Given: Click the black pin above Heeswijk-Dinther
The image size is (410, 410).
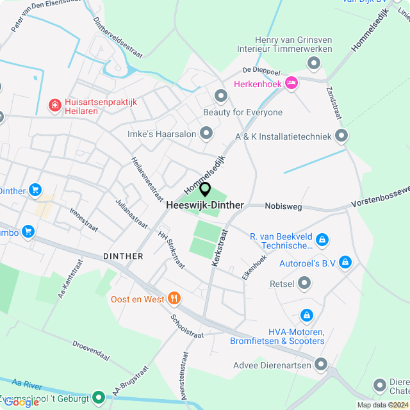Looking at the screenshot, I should (x=205, y=189).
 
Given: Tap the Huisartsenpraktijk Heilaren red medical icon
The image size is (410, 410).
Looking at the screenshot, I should (x=55, y=104).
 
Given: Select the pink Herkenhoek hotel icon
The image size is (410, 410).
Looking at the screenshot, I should (x=291, y=83).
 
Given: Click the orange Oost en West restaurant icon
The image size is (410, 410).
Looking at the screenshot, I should (x=173, y=298).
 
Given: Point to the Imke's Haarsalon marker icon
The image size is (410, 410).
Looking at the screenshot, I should (x=206, y=133).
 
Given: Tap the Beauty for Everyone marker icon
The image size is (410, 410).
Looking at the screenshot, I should (x=222, y=96).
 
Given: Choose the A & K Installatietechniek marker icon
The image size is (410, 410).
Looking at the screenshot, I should (x=341, y=135).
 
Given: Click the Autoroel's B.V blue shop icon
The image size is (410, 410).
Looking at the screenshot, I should (x=345, y=262).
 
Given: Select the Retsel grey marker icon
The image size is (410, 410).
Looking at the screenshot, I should (x=304, y=283).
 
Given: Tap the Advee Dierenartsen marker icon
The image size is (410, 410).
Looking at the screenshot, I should (x=321, y=365).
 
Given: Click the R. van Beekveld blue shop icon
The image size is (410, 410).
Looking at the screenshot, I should (x=322, y=239).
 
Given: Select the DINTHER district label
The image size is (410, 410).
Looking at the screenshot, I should (x=123, y=256).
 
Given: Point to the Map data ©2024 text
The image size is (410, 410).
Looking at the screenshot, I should (x=382, y=404).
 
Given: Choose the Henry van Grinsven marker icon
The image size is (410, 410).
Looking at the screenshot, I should (x=314, y=63).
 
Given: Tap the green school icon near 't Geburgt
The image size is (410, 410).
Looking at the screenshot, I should (x=98, y=397).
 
